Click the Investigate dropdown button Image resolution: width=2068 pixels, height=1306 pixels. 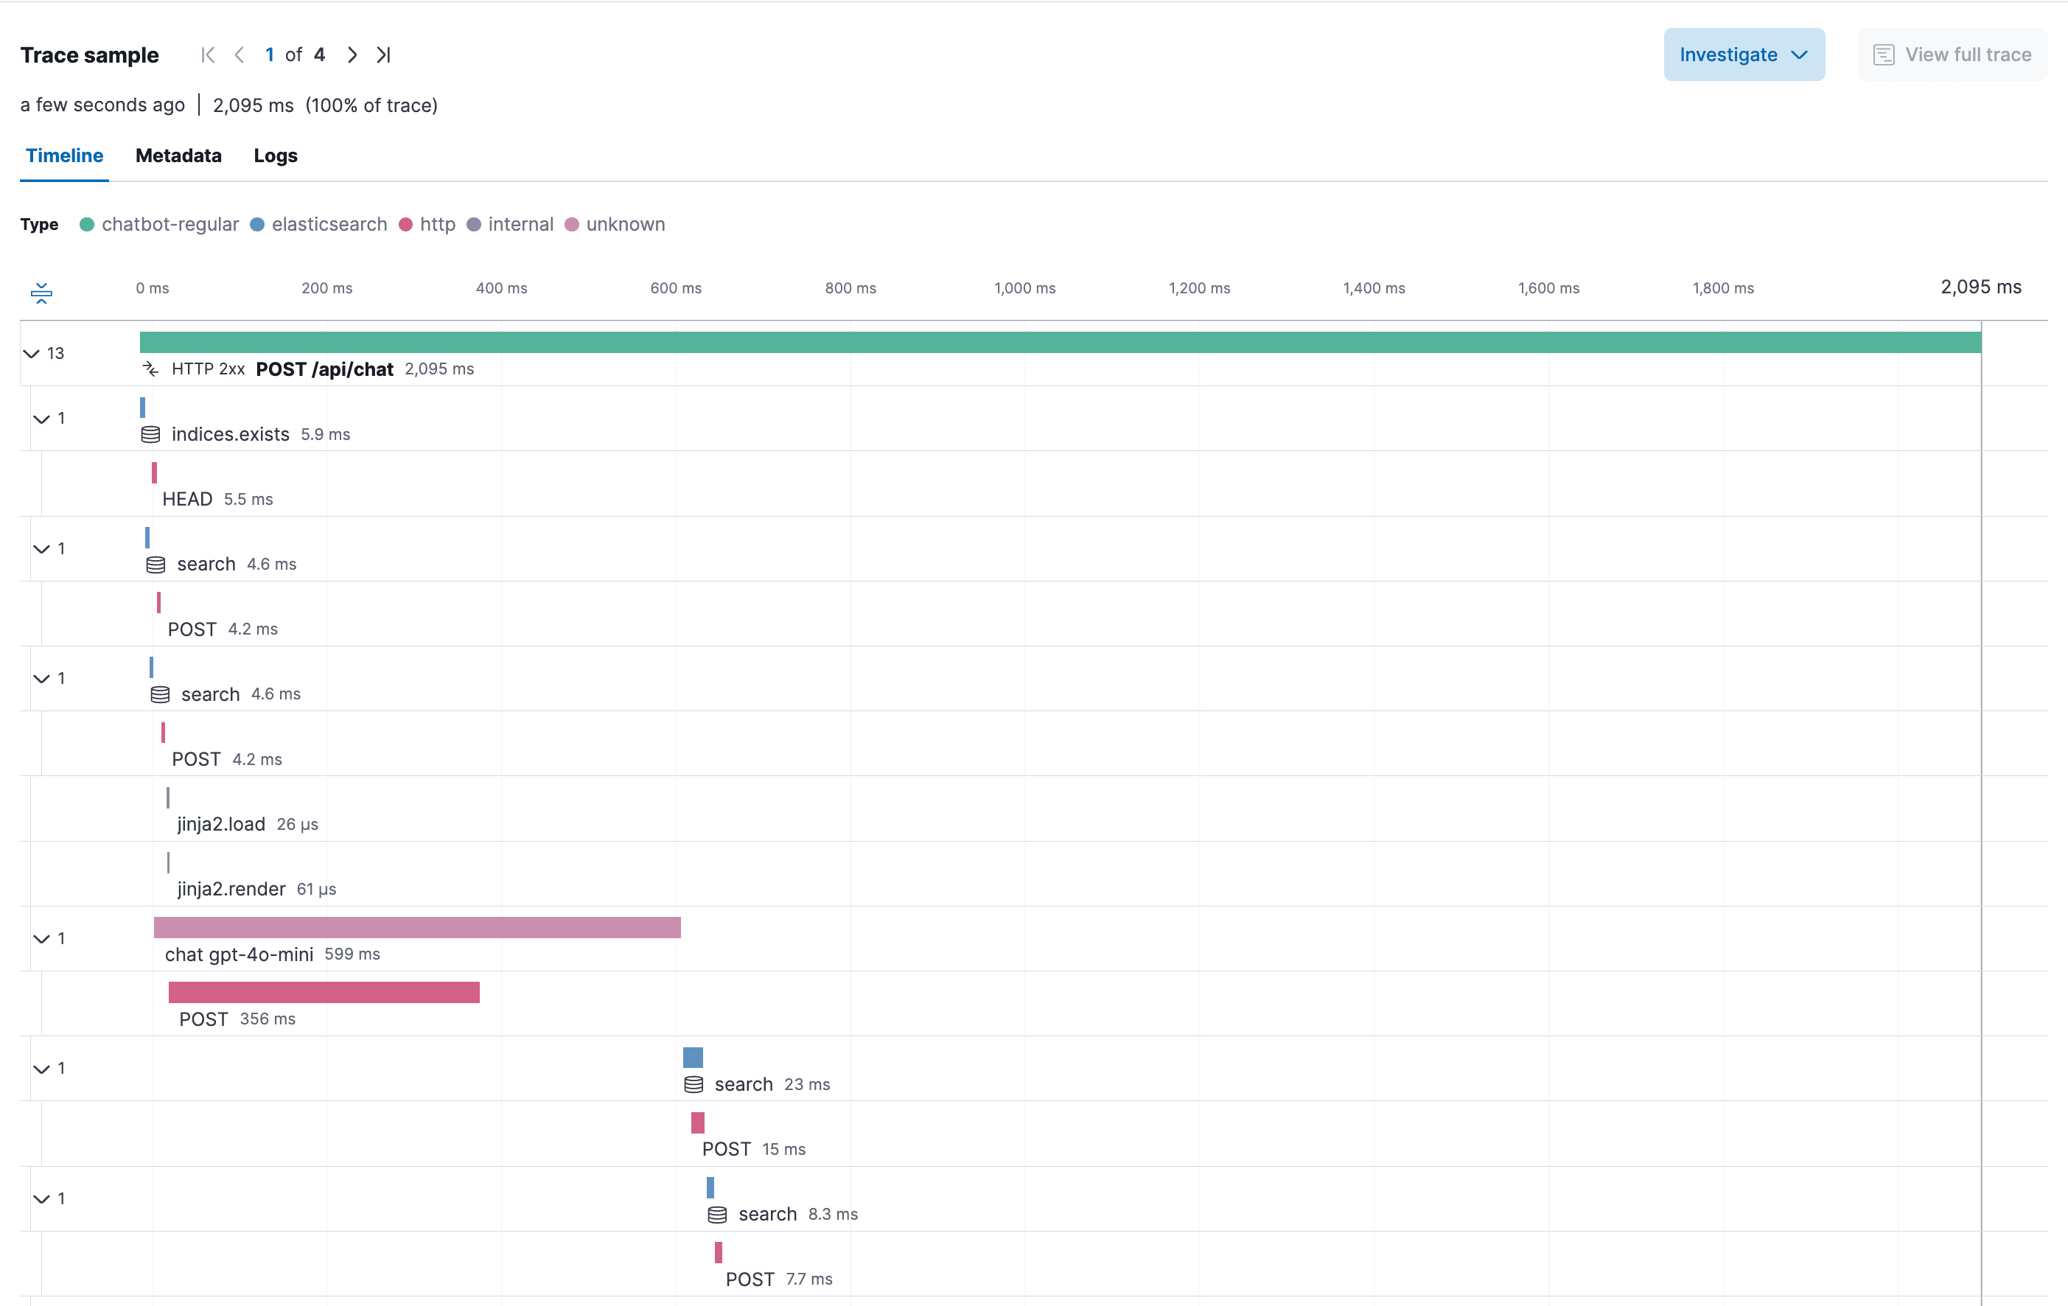(x=1744, y=55)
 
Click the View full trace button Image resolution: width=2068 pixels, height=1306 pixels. (x=1952, y=55)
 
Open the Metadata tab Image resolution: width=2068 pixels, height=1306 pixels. (x=178, y=156)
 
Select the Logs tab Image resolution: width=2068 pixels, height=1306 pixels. (x=276, y=156)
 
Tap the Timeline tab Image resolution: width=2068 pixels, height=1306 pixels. (x=64, y=156)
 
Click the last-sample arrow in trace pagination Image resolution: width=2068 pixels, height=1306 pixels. (x=384, y=55)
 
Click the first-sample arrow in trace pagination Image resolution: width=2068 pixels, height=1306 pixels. (x=208, y=55)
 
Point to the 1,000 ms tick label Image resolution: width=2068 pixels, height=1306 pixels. (x=1024, y=288)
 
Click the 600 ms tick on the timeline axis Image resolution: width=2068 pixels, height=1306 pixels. (x=676, y=288)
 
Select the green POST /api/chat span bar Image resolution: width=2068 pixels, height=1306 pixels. (x=1060, y=343)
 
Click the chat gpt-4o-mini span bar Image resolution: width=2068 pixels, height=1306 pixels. (x=417, y=927)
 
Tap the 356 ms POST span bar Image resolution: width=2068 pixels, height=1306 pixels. (x=324, y=993)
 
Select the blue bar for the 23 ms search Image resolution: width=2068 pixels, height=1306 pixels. (x=693, y=1058)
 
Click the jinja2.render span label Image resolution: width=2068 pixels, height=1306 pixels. (x=231, y=889)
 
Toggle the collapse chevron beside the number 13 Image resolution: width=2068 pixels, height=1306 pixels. (x=32, y=354)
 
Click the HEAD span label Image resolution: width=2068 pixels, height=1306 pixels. (x=187, y=499)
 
